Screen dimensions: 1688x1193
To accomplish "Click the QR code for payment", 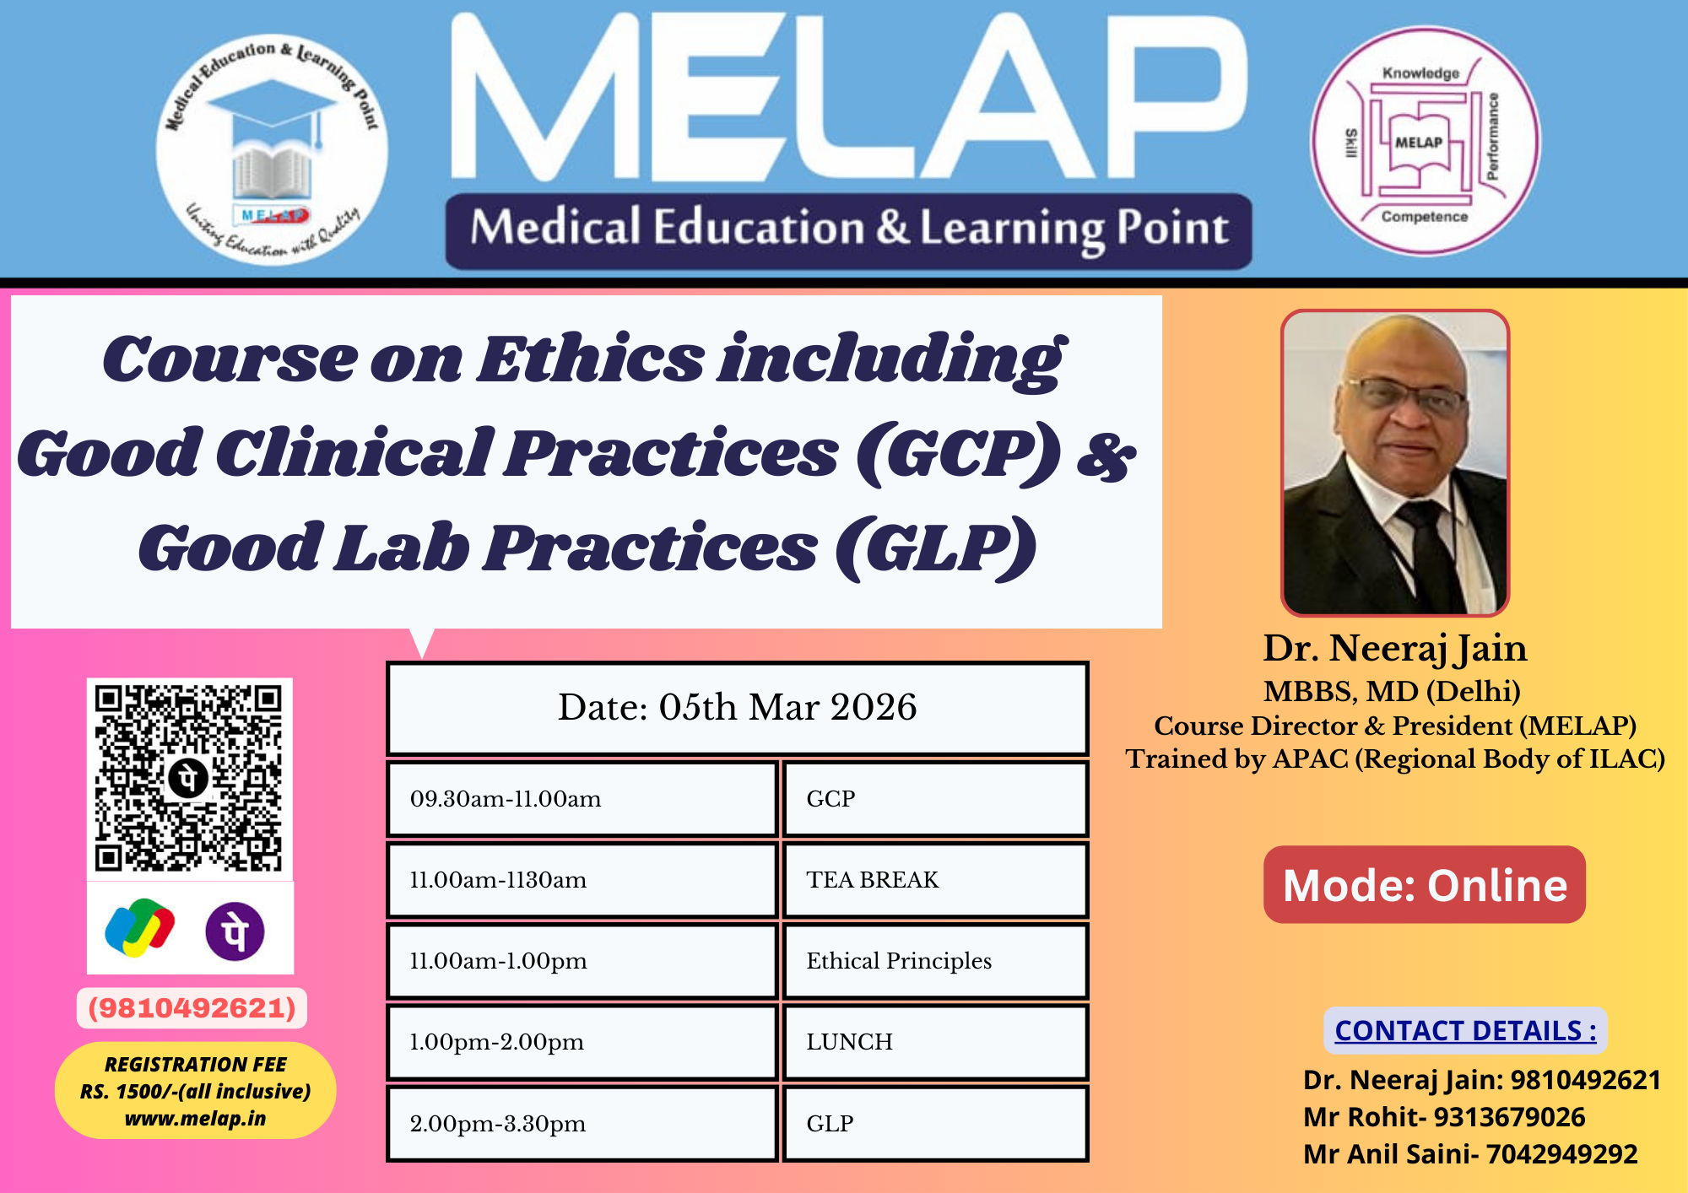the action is click(189, 778).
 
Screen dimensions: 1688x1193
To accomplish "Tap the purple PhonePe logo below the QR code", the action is click(235, 931).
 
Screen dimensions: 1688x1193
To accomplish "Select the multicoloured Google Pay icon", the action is click(140, 928).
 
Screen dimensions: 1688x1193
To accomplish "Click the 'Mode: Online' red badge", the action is click(1425, 884).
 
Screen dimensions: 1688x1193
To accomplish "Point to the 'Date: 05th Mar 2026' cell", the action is click(738, 708).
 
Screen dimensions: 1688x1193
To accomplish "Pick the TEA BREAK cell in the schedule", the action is click(935, 880).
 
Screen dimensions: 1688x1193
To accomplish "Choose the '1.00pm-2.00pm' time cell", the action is click(582, 1042).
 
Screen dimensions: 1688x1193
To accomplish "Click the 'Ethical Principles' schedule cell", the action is click(935, 961).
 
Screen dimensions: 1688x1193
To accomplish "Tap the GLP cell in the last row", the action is click(935, 1124).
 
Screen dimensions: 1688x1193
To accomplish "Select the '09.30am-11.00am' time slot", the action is click(582, 799).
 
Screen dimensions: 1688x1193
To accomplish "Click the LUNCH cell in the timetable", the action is click(935, 1042).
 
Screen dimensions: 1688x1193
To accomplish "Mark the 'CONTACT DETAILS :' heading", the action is click(1465, 1030).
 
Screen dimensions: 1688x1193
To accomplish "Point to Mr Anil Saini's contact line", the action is click(1470, 1153).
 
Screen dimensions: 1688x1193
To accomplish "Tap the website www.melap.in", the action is click(195, 1119).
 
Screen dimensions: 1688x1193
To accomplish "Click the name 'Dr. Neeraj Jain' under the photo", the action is click(1395, 648).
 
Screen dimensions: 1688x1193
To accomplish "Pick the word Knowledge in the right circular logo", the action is click(1420, 73).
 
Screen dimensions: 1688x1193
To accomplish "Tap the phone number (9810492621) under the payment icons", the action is click(192, 1008).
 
